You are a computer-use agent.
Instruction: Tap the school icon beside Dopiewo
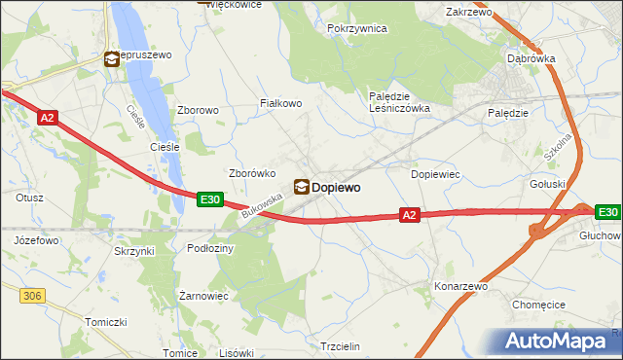coord(302,186)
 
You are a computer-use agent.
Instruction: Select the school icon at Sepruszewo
coord(112,59)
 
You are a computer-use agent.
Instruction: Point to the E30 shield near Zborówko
coord(209,198)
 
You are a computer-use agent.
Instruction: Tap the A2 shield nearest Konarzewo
coord(410,214)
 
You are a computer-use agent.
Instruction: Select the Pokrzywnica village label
coord(358,29)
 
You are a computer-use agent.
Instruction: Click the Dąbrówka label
coord(531,58)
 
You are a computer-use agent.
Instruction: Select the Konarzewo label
coord(460,287)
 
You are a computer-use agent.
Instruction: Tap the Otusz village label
coord(29,198)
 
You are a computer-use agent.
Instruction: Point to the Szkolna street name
coord(558,145)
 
